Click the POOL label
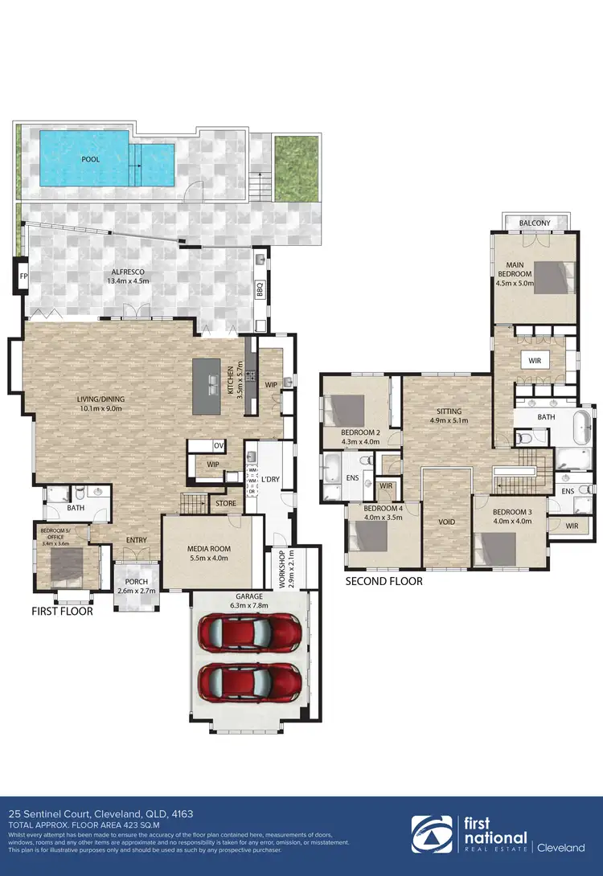91,159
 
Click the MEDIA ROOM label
210,549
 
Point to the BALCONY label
535,223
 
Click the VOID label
446,522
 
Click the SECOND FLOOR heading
384,580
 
